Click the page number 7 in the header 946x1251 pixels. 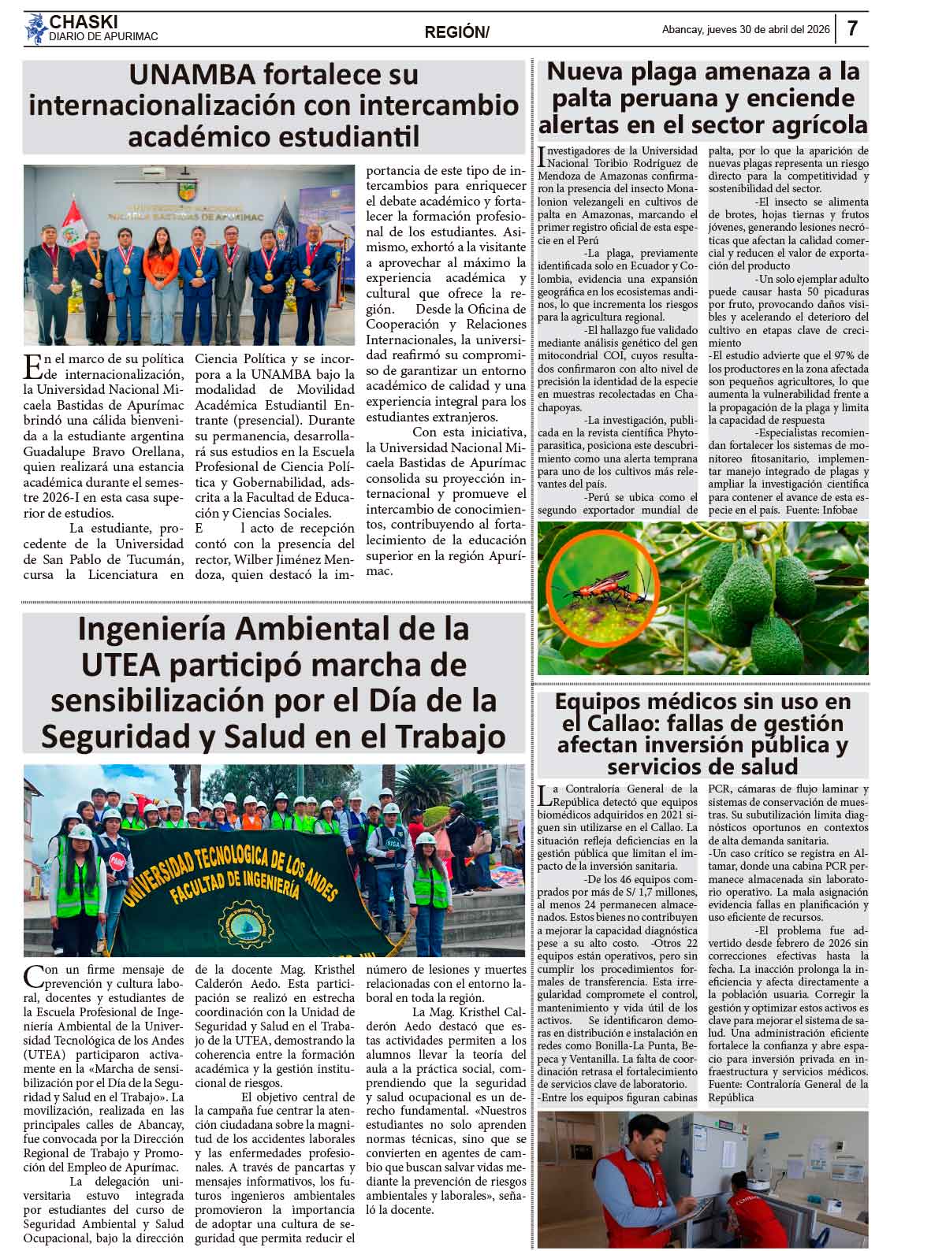coord(852,29)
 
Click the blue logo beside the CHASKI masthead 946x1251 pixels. coord(35,30)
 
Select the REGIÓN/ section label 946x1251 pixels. coord(456,32)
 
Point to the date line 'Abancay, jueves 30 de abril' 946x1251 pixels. coord(746,30)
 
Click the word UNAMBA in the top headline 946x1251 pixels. coord(192,76)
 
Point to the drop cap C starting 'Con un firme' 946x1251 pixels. coord(34,976)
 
